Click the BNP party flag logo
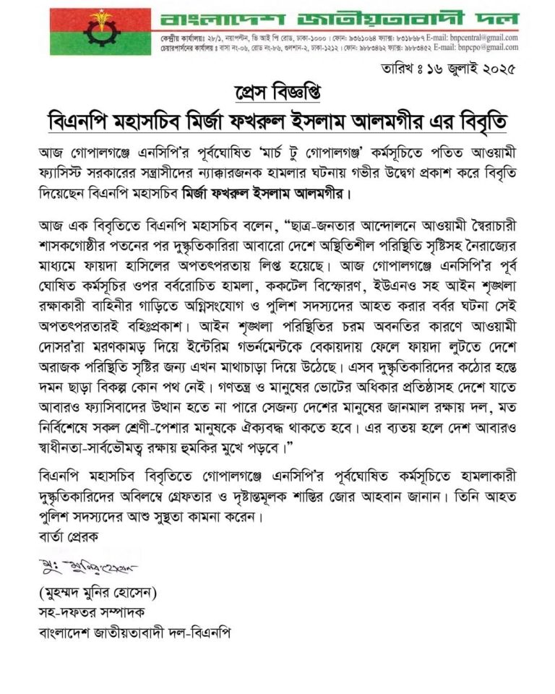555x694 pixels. pos(100,32)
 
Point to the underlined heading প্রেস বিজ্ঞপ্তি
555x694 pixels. pos(277,93)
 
